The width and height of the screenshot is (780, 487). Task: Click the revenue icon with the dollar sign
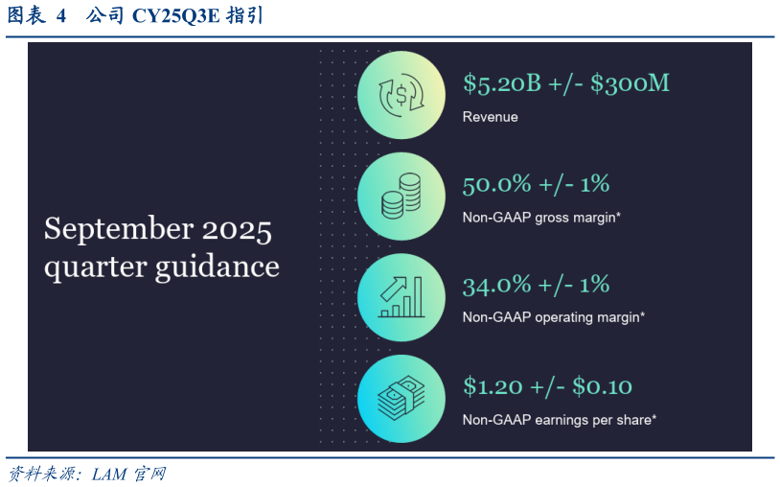coord(401,95)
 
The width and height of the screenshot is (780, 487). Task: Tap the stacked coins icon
coord(401,196)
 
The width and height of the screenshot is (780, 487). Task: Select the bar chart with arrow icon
coord(401,297)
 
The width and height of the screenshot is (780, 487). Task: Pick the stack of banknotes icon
coord(401,398)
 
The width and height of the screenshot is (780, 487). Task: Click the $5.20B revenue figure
coord(502,83)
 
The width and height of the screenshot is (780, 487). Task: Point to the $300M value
coord(630,83)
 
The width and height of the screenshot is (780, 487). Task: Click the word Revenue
coord(490,117)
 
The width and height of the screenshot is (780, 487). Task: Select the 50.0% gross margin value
coord(497,185)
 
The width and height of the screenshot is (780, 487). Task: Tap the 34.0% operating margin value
coord(497,285)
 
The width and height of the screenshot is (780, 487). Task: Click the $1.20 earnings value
coord(493,386)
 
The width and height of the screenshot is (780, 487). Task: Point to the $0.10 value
coord(602,386)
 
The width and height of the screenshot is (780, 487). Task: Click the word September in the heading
coord(119,230)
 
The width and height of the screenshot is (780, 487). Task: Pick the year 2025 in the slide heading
coord(237,231)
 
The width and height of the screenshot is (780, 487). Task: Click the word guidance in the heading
coord(218,267)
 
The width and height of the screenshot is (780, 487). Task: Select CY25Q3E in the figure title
coord(175,16)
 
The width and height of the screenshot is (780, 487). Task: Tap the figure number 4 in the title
coord(60,16)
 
